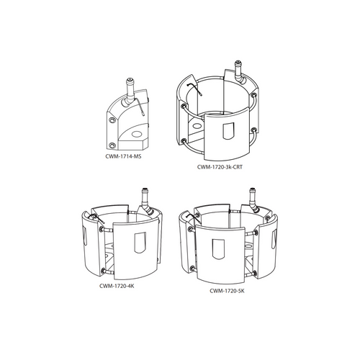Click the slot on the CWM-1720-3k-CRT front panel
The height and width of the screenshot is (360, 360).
click(x=229, y=132)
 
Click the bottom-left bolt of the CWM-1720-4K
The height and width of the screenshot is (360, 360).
click(x=105, y=269)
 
